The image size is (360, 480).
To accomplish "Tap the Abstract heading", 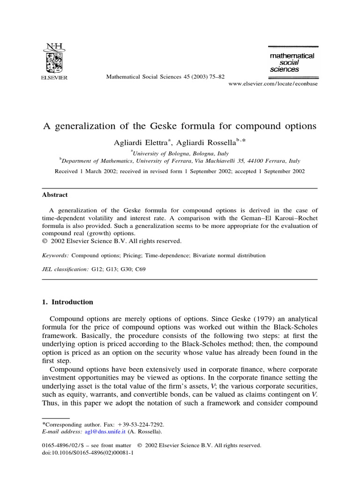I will coord(55,195).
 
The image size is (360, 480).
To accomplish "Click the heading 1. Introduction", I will coord(67,302).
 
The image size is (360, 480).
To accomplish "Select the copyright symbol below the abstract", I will coord(45,241).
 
